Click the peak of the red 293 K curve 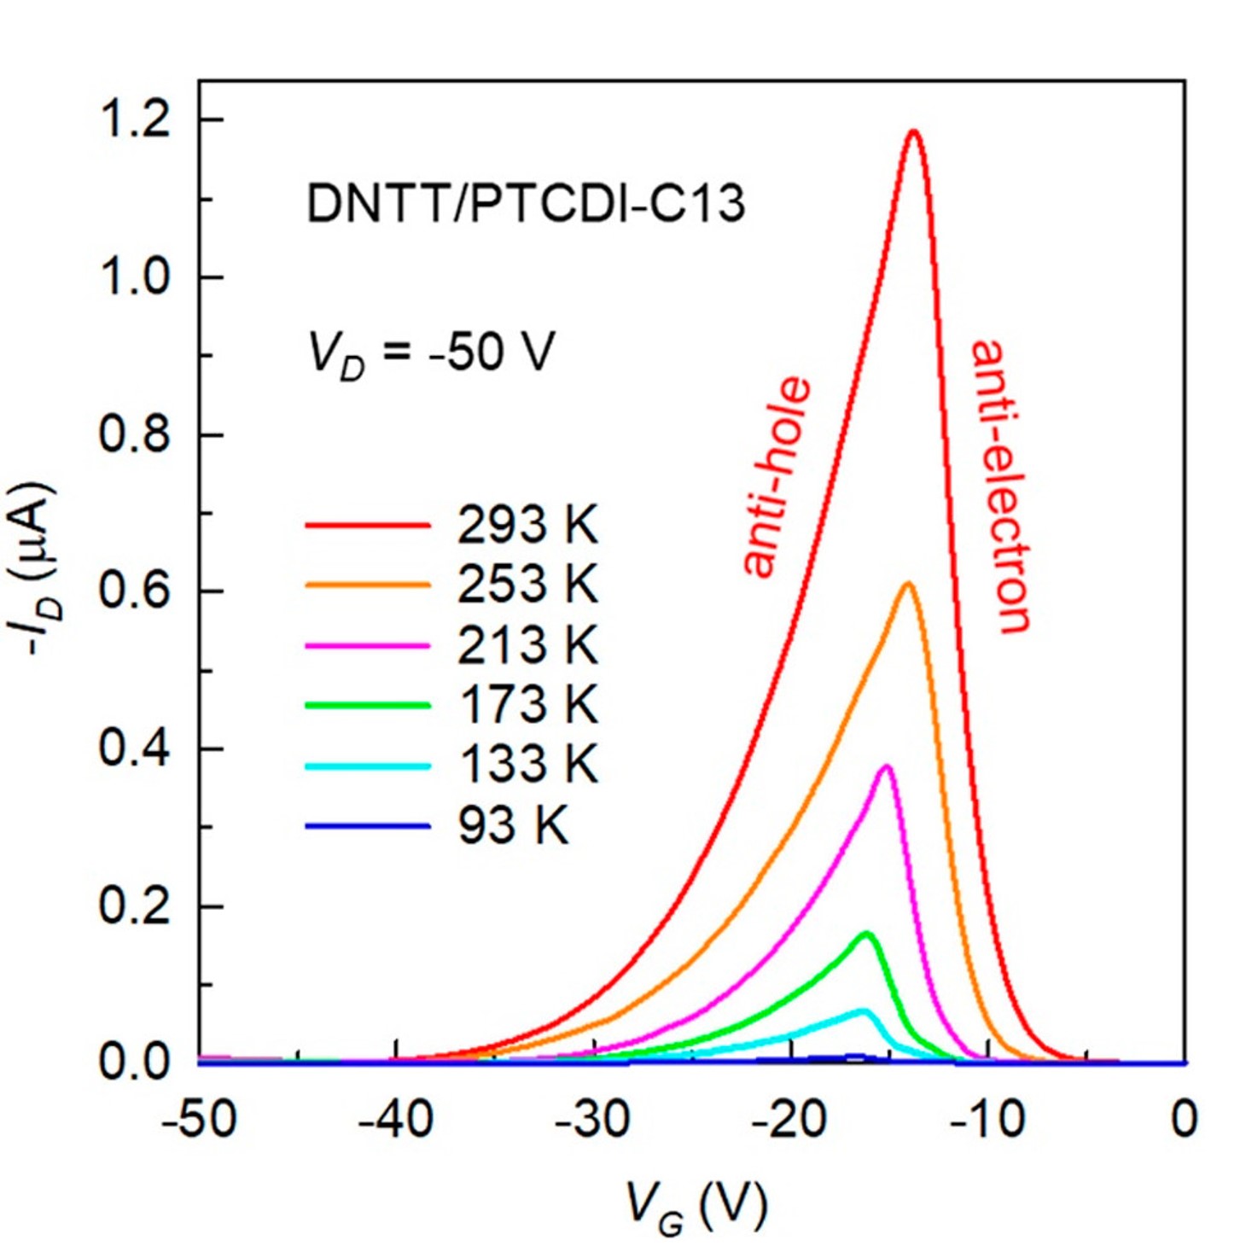pos(914,131)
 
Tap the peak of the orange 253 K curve pos(908,584)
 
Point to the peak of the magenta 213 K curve pos(887,766)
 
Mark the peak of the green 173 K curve pos(866,934)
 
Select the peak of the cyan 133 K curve pos(863,1011)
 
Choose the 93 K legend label pos(512,825)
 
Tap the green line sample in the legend pos(367,705)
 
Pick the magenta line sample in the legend pos(367,645)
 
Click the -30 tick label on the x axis pos(592,1119)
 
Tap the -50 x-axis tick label pos(199,1119)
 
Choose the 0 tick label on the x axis pos(1184,1119)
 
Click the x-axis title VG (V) pos(696,1205)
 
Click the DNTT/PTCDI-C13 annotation pos(526,205)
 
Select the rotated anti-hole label pos(776,476)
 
